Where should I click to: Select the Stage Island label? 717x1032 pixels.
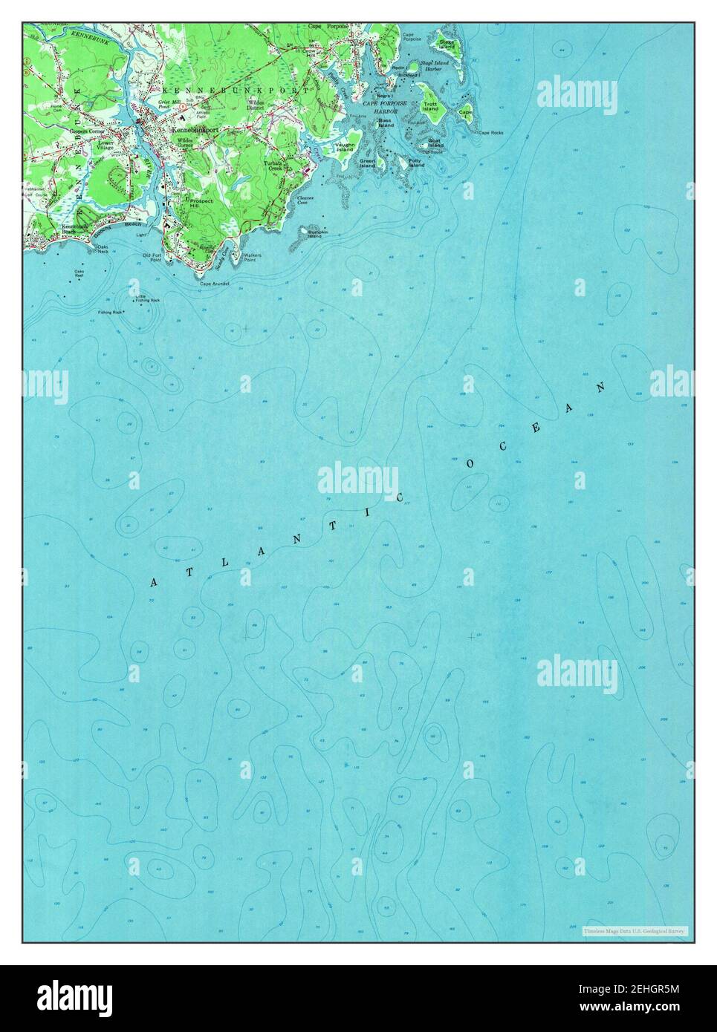pos(447,44)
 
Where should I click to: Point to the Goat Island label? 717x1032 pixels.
pos(435,143)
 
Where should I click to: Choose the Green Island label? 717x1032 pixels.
pos(368,163)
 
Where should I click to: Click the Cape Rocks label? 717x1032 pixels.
pos(490,133)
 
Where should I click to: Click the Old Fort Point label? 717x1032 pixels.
pos(152,258)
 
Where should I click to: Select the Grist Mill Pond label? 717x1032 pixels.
pos(169,103)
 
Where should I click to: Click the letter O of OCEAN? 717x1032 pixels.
pos(470,463)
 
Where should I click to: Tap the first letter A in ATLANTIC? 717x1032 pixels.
pos(154,583)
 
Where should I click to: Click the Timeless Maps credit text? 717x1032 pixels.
pos(626,930)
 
